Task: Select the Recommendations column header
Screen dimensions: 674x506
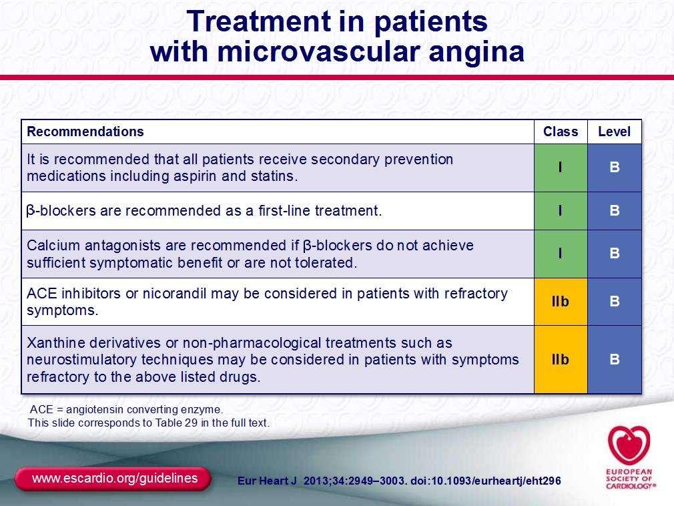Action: [x=85, y=132]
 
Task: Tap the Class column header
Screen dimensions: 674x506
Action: [x=561, y=132]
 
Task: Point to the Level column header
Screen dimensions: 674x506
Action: [x=614, y=132]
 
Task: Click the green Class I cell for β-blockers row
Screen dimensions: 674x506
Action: [x=561, y=211]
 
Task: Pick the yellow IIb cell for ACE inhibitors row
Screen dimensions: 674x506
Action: [x=561, y=301]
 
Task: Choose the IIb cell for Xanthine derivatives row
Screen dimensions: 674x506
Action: [x=561, y=359]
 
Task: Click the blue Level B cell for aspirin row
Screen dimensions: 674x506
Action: [x=614, y=168]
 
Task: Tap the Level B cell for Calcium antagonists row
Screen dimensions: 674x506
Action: [x=614, y=254]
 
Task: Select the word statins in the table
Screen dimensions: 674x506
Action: [x=274, y=176]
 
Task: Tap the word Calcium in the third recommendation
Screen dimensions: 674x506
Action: [x=53, y=246]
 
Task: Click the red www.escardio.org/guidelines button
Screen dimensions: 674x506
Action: [x=113, y=479]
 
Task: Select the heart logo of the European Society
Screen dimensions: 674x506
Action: [x=629, y=445]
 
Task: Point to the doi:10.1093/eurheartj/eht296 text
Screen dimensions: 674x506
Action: [x=486, y=481]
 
